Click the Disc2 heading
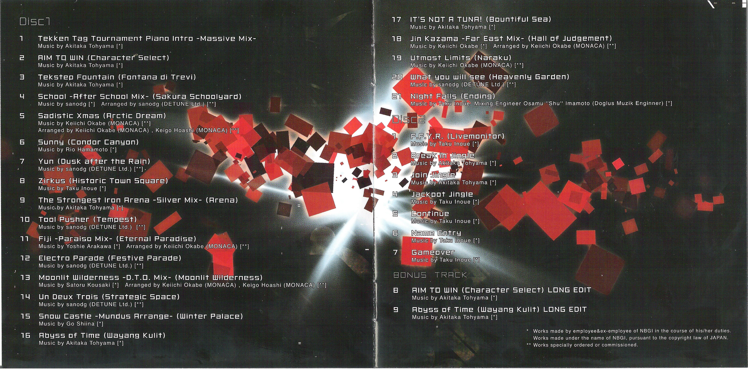tap(409, 119)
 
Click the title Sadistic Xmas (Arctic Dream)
tap(102, 116)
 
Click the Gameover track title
tap(433, 252)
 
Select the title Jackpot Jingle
tap(442, 194)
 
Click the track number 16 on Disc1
tap(26, 335)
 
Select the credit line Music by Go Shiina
tap(71, 324)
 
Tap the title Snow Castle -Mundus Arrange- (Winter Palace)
tap(141, 316)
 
